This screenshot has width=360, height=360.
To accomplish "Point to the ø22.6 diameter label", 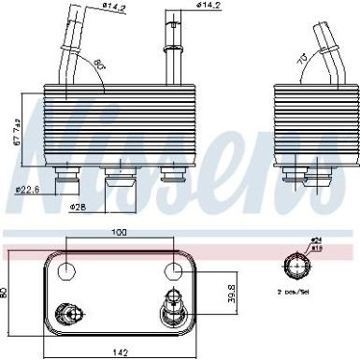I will (27, 193).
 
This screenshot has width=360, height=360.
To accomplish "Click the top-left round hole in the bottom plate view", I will (66, 272).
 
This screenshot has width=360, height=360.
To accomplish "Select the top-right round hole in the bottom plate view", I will (172, 272).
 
